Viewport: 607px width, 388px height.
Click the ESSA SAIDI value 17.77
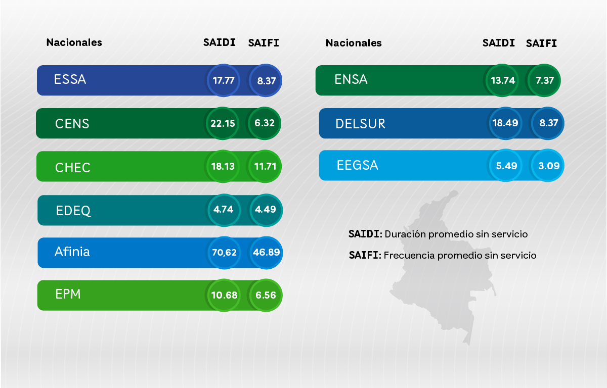click(223, 80)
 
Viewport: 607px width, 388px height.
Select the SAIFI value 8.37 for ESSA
click(266, 80)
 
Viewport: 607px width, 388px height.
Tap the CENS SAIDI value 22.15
click(223, 123)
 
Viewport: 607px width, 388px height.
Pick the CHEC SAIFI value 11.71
click(265, 166)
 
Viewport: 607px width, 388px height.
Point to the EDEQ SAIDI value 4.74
click(223, 209)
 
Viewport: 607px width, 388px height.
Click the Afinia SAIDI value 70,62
click(225, 252)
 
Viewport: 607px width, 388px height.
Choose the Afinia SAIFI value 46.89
click(266, 252)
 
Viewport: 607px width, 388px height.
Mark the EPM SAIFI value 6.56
click(266, 295)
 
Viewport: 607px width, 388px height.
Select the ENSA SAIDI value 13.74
click(502, 80)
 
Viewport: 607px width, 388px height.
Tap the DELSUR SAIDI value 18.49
click(505, 123)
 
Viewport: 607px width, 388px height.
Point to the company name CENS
click(72, 124)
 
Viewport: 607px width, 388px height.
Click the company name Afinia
click(72, 252)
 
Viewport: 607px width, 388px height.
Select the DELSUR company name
click(360, 124)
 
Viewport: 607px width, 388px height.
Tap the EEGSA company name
click(357, 165)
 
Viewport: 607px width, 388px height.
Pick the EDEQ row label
click(73, 211)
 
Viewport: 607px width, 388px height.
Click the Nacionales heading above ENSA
click(354, 43)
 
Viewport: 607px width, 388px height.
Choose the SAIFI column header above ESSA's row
click(264, 43)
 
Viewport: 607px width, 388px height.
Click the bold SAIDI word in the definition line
click(365, 234)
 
